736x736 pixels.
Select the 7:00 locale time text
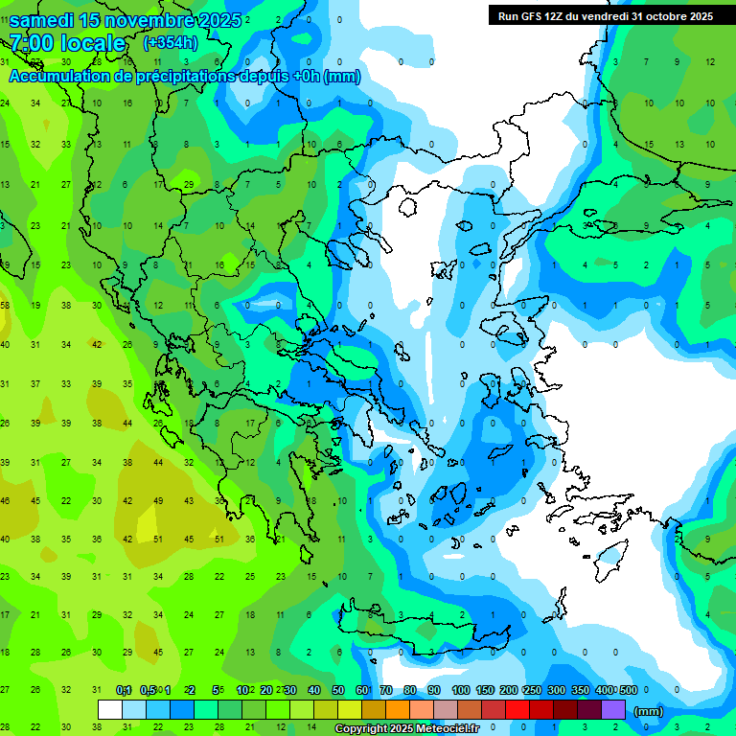coord(68,43)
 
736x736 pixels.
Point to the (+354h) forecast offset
coord(170,43)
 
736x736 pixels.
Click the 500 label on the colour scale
coord(628,690)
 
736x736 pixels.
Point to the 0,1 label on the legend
coord(124,690)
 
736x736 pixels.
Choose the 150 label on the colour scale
coord(485,690)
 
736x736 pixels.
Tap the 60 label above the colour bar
coord(362,690)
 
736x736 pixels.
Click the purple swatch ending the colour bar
coord(614,710)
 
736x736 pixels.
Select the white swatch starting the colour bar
coord(110,710)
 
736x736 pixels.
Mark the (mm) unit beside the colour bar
coord(649,711)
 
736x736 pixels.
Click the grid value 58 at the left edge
coord(6,305)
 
